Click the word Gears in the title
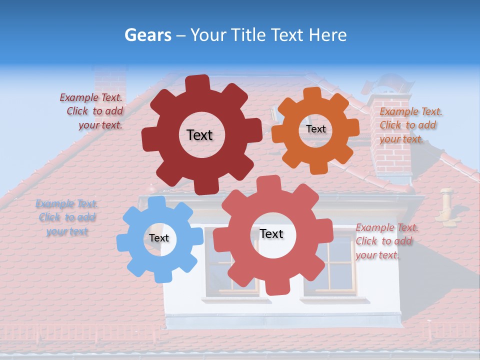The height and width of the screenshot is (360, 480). point(147,35)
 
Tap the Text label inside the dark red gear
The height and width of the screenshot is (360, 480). point(199,135)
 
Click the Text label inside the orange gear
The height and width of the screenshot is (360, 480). point(315,129)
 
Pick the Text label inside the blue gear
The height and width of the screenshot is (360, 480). point(158,238)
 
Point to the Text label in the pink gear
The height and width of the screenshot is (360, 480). point(271,234)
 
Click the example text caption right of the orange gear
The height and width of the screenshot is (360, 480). point(410,125)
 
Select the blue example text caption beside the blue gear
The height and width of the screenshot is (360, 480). point(66,217)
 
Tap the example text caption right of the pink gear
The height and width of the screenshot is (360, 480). point(386,241)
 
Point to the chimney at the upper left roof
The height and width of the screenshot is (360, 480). point(110,80)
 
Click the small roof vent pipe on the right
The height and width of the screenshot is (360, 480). point(445,202)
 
